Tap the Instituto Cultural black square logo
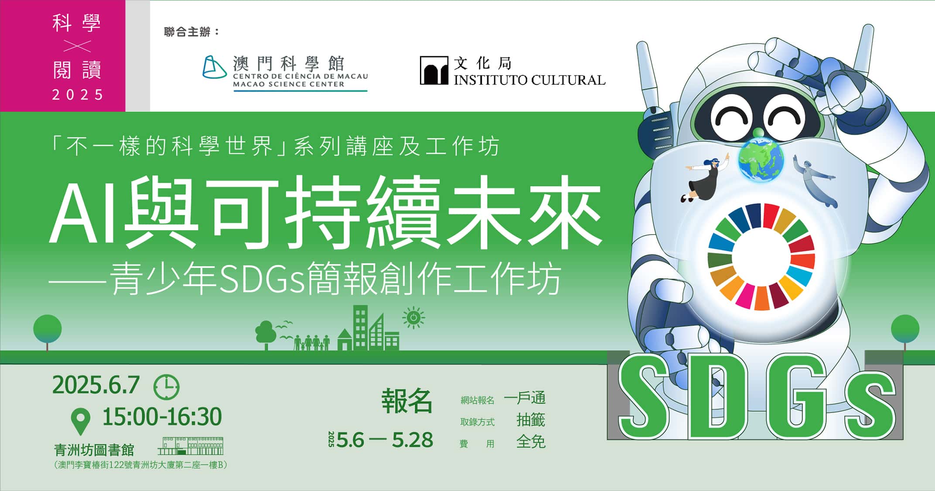(x=434, y=70)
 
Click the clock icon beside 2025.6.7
(x=166, y=387)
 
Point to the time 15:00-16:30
(x=162, y=416)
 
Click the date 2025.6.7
(x=96, y=385)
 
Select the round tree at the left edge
(x=48, y=331)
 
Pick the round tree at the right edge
(x=905, y=331)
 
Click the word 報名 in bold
(x=407, y=401)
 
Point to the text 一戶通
(x=525, y=398)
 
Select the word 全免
(x=531, y=442)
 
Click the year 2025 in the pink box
(x=78, y=95)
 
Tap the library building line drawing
(x=191, y=446)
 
